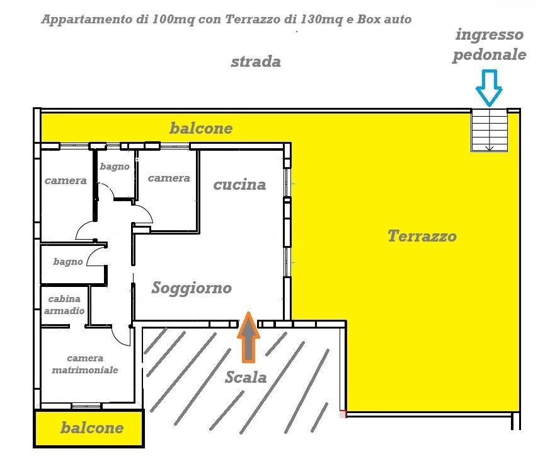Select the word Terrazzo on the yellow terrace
(421, 237)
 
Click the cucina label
(239, 185)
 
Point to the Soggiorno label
(192, 288)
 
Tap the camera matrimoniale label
(84, 364)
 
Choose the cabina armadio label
(65, 305)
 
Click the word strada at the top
(255, 62)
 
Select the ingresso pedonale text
(489, 44)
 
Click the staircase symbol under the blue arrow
(489, 131)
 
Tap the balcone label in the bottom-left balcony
(92, 428)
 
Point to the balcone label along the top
(200, 129)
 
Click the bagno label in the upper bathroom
(115, 166)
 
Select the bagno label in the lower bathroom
(68, 261)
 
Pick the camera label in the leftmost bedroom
(66, 181)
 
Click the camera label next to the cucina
(169, 178)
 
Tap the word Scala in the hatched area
(246, 378)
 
